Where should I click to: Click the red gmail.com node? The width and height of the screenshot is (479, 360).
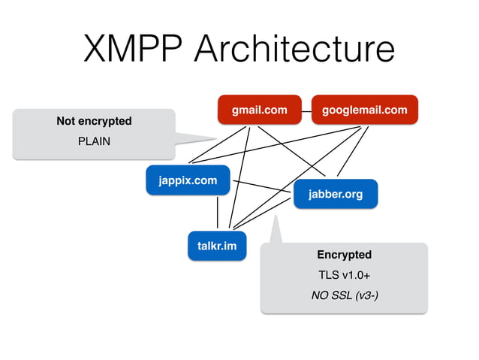point(259,110)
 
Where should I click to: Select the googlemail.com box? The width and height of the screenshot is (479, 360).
point(364,110)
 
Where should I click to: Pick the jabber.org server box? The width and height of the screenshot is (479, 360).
point(335,195)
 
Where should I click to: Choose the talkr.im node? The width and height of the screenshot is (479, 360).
point(216,246)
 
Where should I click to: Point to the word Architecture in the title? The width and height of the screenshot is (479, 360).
point(293,50)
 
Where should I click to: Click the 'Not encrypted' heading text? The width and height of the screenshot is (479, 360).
point(94,121)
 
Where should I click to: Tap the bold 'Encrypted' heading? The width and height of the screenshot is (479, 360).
point(344,255)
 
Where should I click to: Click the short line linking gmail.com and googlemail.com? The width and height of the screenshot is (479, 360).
point(306,110)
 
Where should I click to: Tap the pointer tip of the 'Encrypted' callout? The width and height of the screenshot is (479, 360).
point(276,220)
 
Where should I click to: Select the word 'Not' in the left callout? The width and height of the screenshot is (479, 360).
point(66,121)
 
